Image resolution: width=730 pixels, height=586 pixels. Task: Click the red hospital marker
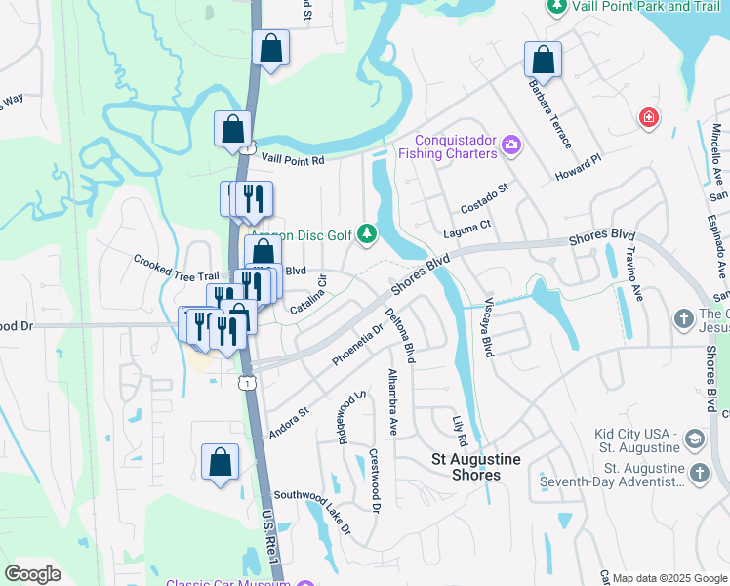coord(648,118)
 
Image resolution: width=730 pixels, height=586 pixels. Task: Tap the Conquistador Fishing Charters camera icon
coord(510,146)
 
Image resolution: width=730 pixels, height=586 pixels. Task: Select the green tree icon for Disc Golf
coord(367,233)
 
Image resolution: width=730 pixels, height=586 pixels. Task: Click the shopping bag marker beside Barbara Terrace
coord(543,60)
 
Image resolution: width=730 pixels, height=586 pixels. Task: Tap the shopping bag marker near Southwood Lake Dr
coord(221,463)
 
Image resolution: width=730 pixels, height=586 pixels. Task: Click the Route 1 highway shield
coord(249,383)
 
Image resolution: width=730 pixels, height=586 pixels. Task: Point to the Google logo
coord(33,574)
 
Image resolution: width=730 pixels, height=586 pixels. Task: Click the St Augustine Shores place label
coord(476,467)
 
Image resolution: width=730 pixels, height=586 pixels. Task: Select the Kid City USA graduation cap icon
coord(695,436)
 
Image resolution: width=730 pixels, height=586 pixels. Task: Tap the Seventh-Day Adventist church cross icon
coord(699,473)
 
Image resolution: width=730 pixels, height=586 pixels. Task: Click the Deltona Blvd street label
coord(401,336)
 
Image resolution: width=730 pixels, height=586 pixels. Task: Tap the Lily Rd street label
coord(460,431)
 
